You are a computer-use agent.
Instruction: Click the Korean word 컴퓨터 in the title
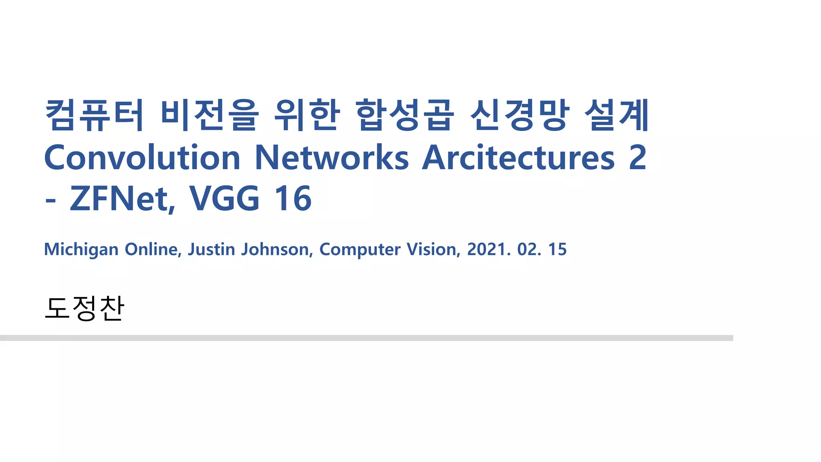coord(94,115)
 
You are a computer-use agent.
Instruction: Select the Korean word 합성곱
coord(405,115)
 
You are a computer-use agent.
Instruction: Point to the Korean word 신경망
coord(520,115)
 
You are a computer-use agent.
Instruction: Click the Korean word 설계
coord(617,115)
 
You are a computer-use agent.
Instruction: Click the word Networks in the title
coord(332,158)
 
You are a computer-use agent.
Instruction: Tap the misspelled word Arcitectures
coord(518,158)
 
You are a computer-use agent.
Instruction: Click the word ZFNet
coord(122,199)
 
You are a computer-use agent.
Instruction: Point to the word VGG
coord(224,199)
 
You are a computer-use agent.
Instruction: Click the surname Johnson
coord(277,249)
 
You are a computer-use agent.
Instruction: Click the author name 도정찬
coord(85,308)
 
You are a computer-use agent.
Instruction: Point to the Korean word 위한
coord(307,115)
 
